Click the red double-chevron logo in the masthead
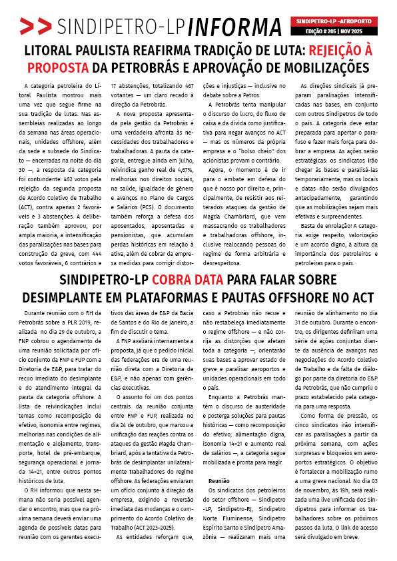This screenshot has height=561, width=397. (35, 26)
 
